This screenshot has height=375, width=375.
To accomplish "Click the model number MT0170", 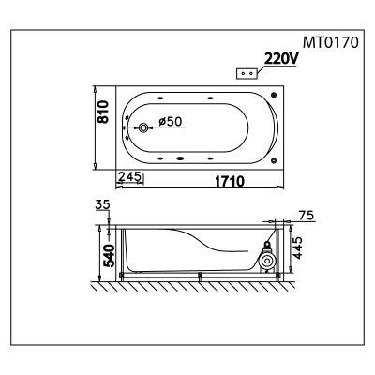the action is [x=331, y=42].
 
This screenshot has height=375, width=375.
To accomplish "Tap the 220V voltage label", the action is [x=280, y=58].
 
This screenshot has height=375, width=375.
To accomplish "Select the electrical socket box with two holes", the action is [x=247, y=73].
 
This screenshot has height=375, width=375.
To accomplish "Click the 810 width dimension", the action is [x=103, y=112].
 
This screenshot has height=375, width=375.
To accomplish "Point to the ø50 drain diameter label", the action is [x=170, y=121].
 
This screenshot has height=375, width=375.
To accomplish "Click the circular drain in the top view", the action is [x=143, y=127].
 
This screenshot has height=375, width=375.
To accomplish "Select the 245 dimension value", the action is [x=129, y=176].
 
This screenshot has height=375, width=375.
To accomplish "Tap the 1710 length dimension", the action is [x=230, y=181].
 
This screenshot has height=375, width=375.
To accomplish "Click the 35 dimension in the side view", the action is [x=103, y=204].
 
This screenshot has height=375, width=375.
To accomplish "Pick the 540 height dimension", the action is [x=110, y=256].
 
